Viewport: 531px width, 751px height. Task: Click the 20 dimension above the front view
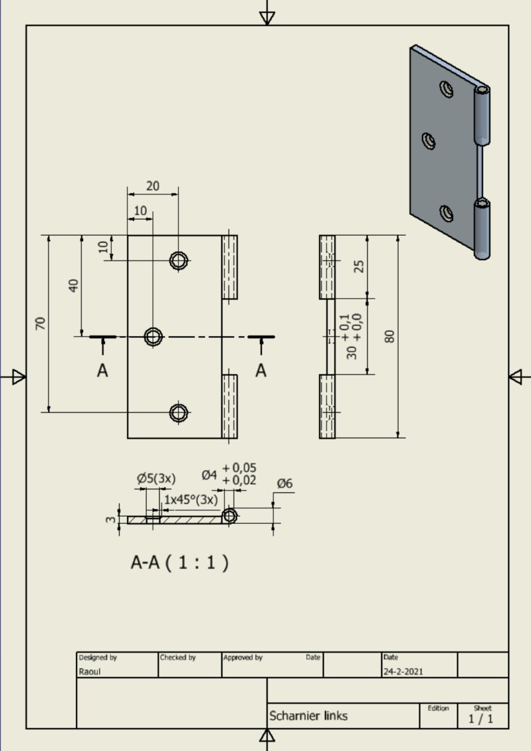(153, 186)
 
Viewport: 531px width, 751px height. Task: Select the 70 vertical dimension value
(41, 323)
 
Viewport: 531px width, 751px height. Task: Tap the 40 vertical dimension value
(73, 285)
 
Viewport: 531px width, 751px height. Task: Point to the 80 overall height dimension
(390, 336)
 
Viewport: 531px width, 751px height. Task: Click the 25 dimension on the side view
(359, 266)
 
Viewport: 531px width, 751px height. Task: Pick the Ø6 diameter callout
(284, 483)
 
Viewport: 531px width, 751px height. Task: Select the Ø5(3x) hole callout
(156, 478)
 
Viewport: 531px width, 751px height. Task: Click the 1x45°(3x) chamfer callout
(191, 499)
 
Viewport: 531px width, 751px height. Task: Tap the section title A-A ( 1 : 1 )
(179, 562)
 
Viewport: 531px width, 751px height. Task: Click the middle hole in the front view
(154, 337)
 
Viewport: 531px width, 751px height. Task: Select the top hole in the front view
(178, 260)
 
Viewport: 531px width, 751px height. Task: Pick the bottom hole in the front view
(178, 413)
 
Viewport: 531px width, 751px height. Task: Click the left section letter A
(102, 371)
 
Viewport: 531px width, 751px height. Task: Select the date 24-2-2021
(403, 671)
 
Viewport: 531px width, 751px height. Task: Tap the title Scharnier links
(308, 716)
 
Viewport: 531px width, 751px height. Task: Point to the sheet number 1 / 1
(482, 718)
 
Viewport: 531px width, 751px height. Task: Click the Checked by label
(177, 657)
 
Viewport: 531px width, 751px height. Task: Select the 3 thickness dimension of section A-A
(110, 519)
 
